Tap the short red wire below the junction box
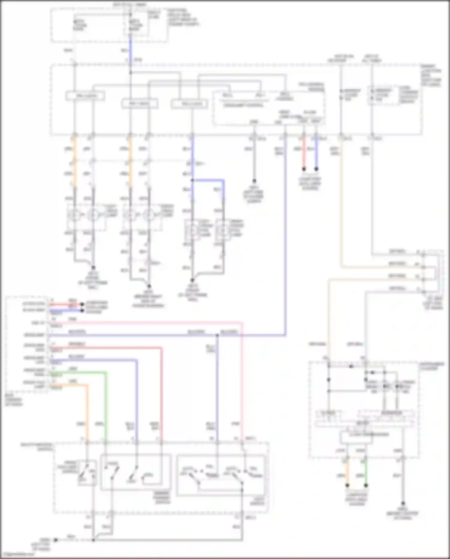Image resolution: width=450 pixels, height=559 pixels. (304, 153)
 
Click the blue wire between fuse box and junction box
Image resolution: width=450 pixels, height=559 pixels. (130, 48)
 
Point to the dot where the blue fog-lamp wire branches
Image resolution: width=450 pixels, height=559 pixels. (192, 181)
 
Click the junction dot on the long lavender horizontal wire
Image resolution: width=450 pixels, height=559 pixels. (217, 335)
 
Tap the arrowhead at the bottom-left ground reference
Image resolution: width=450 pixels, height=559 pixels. (55, 540)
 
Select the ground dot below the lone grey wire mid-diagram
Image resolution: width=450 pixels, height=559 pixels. (254, 181)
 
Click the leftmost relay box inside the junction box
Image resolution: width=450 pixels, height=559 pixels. (85, 96)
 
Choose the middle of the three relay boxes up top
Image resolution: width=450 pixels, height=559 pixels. (139, 104)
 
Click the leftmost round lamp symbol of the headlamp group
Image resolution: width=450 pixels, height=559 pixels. (74, 215)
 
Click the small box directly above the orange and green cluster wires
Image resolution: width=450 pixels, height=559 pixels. (356, 437)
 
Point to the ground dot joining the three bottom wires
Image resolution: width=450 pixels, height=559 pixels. (93, 540)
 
